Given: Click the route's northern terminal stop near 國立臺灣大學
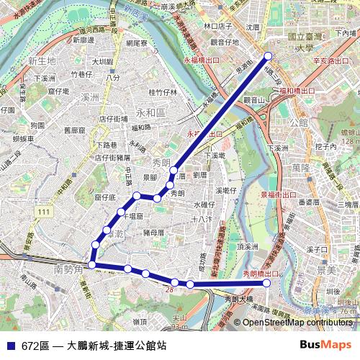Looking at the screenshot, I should tap(269, 55).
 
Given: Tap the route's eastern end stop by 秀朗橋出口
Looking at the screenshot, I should tap(267, 283).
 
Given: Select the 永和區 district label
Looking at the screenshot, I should tap(150, 113).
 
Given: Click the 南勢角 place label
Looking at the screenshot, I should tap(69, 269).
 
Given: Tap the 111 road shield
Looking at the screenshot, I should tap(45, 211).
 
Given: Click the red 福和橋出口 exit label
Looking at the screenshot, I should tap(297, 91).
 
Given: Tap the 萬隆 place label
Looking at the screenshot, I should tap(282, 167).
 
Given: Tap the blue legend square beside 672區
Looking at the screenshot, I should tap(9, 345).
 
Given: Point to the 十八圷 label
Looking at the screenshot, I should tap(204, 218).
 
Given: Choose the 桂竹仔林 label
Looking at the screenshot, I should tap(163, 92).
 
